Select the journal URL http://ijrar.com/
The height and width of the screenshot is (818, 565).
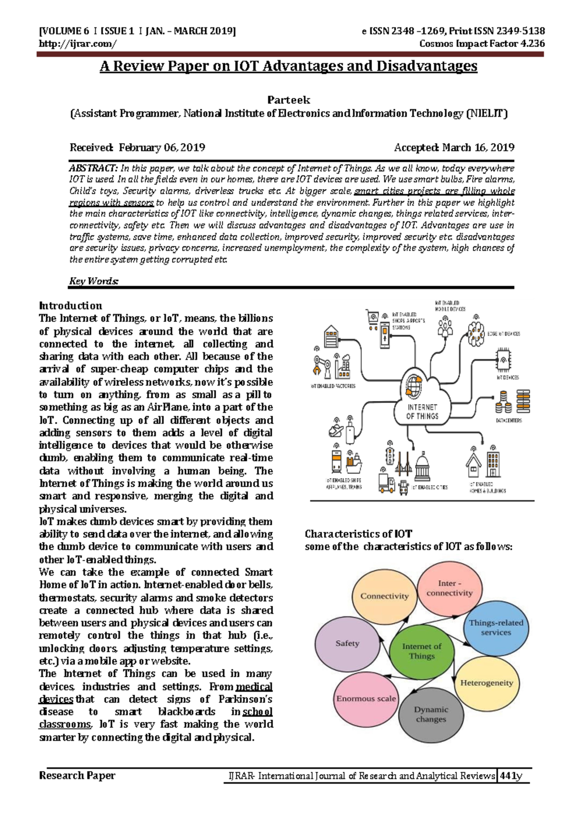click(x=77, y=44)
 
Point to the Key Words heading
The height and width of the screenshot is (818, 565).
click(x=94, y=281)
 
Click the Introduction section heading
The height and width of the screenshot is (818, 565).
click(x=71, y=305)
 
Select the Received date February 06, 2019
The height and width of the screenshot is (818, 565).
click(x=161, y=147)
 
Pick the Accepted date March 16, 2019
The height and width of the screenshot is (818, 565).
click(x=478, y=147)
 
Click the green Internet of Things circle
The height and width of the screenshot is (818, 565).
click(x=421, y=651)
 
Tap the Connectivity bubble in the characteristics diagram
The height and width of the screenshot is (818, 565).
click(x=384, y=596)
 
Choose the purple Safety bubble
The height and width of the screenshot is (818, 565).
click(x=347, y=643)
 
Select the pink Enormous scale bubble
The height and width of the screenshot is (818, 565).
click(x=366, y=699)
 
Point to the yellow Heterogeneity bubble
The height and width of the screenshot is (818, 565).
click(x=486, y=683)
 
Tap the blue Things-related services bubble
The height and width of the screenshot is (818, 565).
click(x=496, y=627)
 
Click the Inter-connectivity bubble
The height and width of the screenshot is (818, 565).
click(x=449, y=588)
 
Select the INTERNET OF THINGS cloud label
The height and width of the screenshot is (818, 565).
click(x=422, y=412)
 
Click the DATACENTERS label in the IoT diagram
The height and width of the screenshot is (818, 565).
click(x=508, y=420)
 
